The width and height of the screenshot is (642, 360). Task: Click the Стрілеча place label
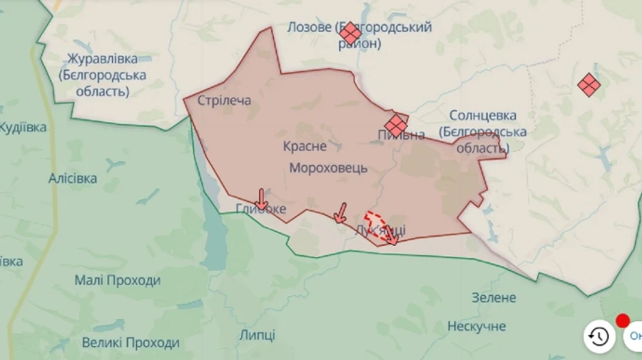coord(224,101)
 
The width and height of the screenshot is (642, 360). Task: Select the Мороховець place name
coord(328,168)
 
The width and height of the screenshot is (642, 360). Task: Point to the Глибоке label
coord(261,209)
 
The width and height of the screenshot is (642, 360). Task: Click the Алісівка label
coord(73,178)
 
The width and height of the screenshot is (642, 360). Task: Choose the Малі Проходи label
coord(118,280)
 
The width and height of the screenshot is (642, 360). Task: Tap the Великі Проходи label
coord(131,343)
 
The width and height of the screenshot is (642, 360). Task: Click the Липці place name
coord(257,335)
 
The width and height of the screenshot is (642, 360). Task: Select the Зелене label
coord(493,297)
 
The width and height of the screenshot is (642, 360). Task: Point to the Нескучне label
coord(477,326)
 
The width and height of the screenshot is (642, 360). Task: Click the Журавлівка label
coord(103,58)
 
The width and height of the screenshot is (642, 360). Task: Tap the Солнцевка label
coord(483,115)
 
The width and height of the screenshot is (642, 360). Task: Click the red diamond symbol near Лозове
coord(350,34)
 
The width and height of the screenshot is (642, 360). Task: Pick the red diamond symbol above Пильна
coord(395,125)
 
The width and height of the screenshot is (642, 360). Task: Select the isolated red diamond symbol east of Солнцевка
coord(588,86)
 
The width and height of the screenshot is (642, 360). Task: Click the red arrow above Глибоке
coord(262,199)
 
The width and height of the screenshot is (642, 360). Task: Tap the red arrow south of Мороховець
coord(340,212)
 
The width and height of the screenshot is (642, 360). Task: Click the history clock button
coord(599,336)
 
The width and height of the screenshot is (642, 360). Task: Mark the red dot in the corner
coord(623,321)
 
